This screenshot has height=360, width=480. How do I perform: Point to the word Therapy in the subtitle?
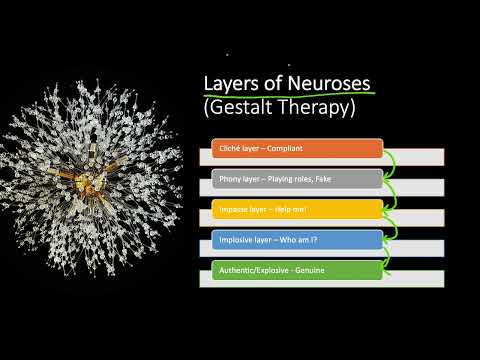coord(320,107)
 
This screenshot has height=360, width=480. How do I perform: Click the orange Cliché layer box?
coord(296,149)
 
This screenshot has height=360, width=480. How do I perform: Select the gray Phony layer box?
coord(296,179)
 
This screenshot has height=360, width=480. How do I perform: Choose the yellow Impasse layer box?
coord(296,209)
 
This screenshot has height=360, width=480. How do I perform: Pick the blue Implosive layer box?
coord(296,239)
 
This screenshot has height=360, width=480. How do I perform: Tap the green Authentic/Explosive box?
coord(296,269)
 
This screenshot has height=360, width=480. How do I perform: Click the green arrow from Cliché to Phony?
coord(390,164)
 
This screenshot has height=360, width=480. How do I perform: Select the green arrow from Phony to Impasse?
coord(390,194)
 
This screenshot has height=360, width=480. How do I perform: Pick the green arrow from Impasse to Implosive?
coord(390,224)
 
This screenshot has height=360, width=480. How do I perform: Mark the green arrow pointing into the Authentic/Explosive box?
coord(390,254)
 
